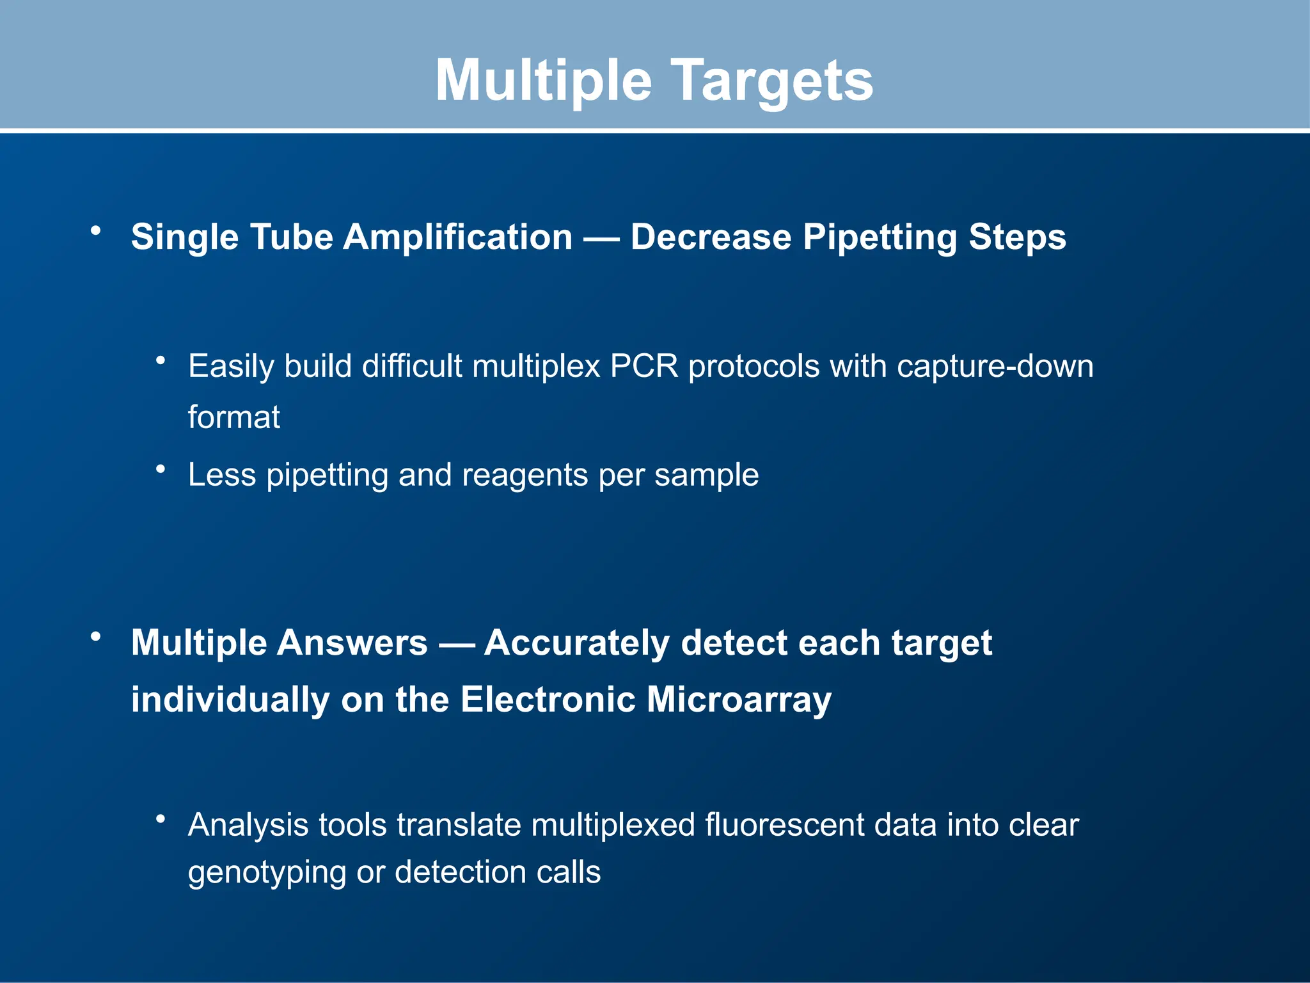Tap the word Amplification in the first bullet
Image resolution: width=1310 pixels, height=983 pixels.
pyautogui.click(x=458, y=237)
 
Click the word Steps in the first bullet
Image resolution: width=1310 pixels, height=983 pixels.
pyautogui.click(x=1017, y=237)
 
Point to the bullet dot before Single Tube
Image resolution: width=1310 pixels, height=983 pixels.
pyautogui.click(x=96, y=230)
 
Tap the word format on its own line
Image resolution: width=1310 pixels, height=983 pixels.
pyautogui.click(x=234, y=418)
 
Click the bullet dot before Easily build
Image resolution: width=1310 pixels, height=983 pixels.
pyautogui.click(x=161, y=361)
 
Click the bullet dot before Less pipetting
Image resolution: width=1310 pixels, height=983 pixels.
pyautogui.click(x=161, y=470)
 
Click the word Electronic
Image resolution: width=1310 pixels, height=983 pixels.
pyautogui.click(x=548, y=699)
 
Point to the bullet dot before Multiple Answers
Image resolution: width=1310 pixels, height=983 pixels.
pyautogui.click(x=96, y=636)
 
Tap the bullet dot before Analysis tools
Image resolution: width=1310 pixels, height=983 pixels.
pyautogui.click(x=161, y=819)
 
